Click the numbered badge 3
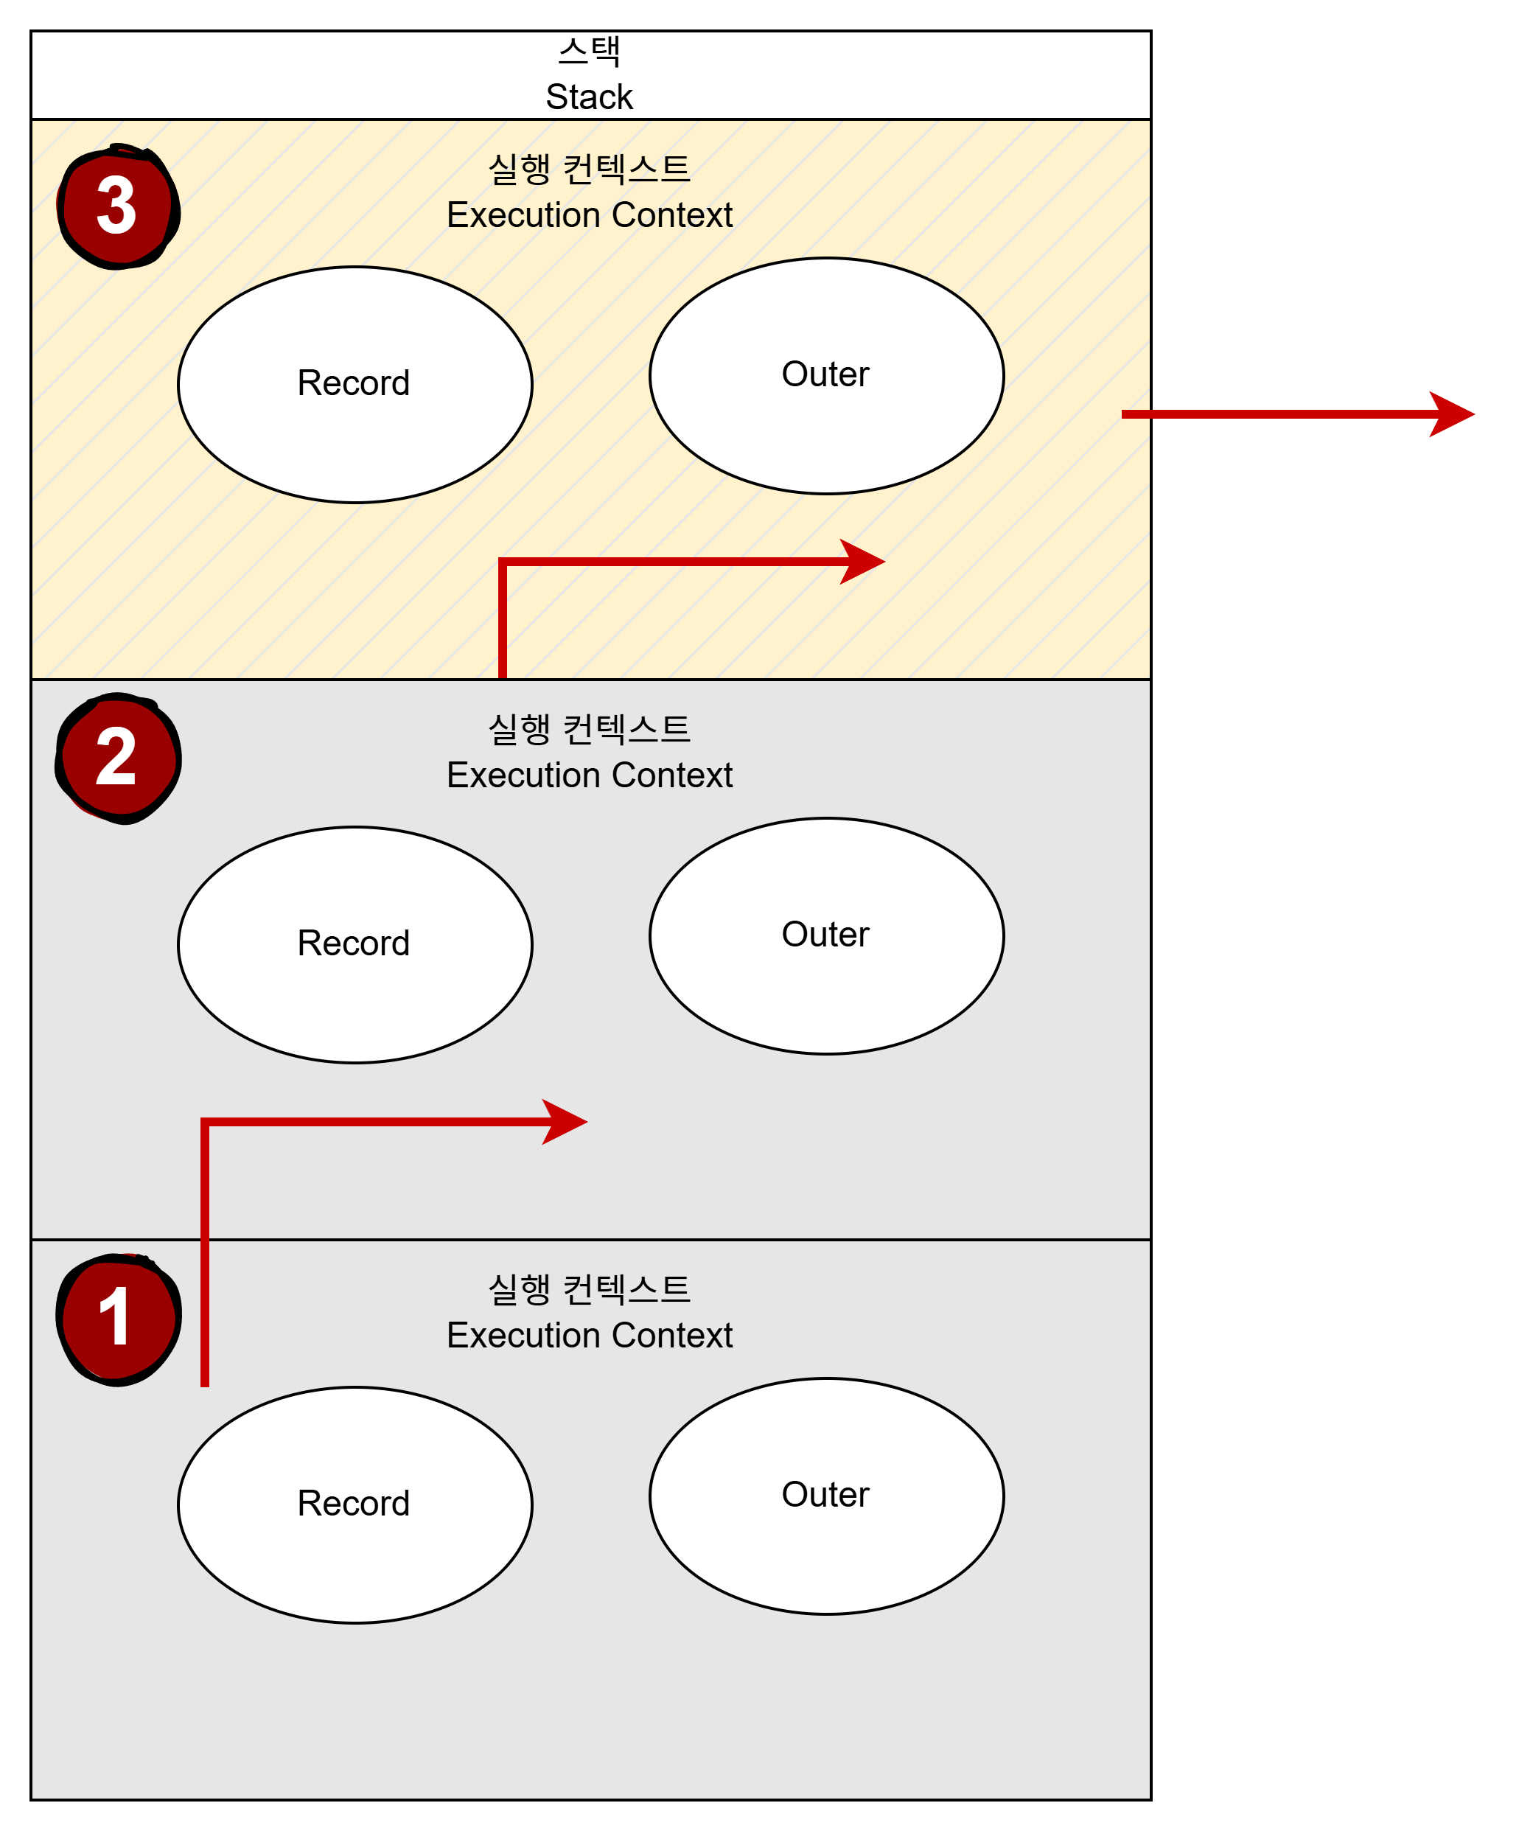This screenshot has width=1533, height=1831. click(118, 206)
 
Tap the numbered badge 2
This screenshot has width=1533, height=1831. click(118, 758)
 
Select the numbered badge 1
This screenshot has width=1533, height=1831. click(118, 1319)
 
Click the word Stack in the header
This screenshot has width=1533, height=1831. click(590, 97)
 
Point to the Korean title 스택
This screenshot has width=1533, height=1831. click(590, 52)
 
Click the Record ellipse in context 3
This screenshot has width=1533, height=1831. click(355, 385)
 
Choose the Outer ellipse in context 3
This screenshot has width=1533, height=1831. click(827, 376)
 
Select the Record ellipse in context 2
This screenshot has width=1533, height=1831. click(355, 945)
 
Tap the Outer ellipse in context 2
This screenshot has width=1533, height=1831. click(827, 936)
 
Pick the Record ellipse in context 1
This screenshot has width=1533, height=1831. click(355, 1506)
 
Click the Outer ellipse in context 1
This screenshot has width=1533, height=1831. click(827, 1497)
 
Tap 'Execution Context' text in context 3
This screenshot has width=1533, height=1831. click(590, 215)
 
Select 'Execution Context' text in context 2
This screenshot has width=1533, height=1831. click(590, 775)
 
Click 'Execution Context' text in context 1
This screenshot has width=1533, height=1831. click(590, 1336)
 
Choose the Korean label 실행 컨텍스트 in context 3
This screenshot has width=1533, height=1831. click(590, 169)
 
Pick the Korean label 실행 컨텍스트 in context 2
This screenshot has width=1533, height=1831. click(590, 729)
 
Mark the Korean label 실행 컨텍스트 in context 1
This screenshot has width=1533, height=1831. click(590, 1289)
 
